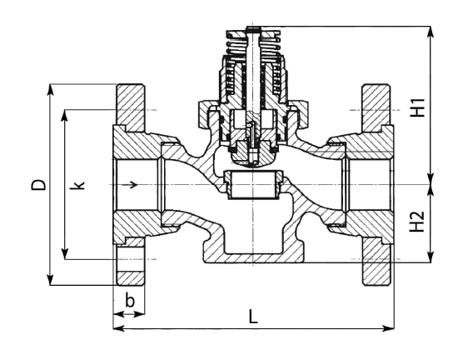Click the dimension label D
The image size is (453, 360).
(38, 184)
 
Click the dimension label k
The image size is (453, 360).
(77, 185)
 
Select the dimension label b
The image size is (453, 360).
(130, 301)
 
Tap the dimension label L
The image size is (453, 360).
(253, 316)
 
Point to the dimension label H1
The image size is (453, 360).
(417, 107)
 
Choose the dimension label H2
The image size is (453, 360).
(417, 221)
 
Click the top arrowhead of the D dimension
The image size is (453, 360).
(51, 89)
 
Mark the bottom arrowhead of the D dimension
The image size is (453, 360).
(51, 280)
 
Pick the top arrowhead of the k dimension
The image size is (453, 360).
(65, 115)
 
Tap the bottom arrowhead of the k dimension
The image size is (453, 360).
(65, 254)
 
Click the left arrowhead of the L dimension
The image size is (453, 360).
(118, 328)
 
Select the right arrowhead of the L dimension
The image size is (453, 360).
(388, 328)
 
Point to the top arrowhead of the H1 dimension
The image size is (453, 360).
(431, 32)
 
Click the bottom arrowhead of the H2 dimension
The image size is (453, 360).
(431, 257)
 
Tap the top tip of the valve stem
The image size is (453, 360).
(253, 27)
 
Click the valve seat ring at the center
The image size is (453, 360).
(253, 185)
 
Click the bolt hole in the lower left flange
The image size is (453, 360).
(130, 259)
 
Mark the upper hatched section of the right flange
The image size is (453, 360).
(376, 107)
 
